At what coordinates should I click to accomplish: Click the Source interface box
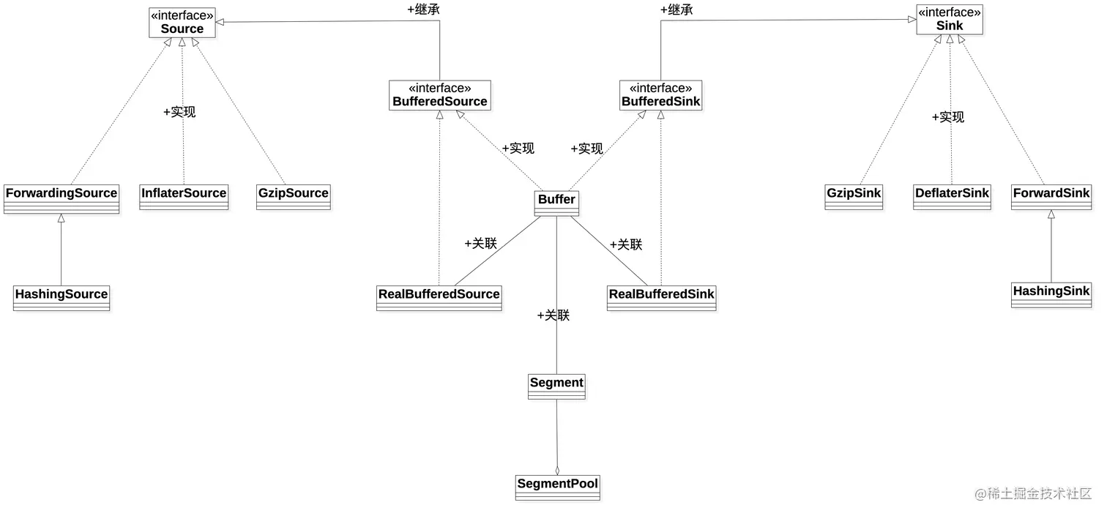point(182,23)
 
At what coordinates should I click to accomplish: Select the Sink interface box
point(950,20)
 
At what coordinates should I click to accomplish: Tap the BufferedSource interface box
point(439,95)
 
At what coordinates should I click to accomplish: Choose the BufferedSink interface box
point(660,95)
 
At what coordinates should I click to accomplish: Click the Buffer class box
point(556,203)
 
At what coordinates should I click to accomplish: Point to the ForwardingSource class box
point(61,198)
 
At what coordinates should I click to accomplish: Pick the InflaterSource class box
point(184,197)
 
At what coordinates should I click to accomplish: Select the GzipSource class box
point(294,197)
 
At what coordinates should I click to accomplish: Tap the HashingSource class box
point(61,298)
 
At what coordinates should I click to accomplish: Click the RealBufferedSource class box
point(439,298)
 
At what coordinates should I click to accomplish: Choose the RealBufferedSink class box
point(661,298)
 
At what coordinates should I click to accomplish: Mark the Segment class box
point(556,386)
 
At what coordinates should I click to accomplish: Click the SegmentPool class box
point(557,487)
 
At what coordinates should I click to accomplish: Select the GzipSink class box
point(854,197)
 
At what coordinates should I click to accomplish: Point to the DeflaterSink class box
point(952,197)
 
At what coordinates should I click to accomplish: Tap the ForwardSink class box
point(1051,197)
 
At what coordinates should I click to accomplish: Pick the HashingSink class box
point(1051,294)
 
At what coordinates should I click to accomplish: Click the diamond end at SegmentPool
point(557,471)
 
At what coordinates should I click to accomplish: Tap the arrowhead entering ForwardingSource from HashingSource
point(61,218)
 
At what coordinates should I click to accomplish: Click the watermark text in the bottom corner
point(1033,494)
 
